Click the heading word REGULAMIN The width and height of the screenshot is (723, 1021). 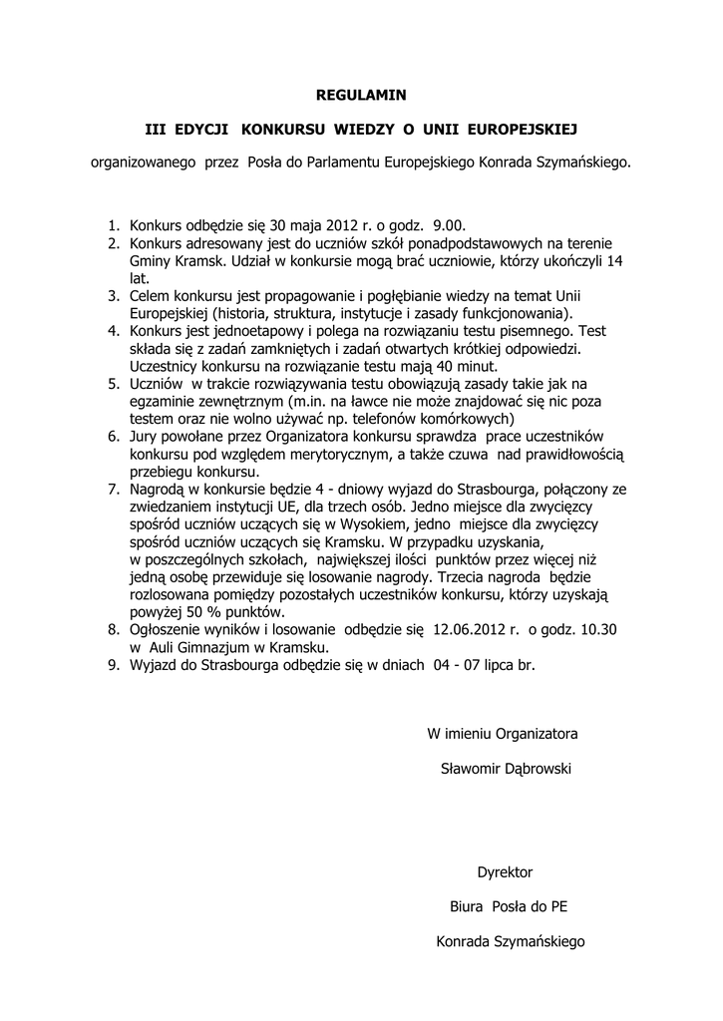[361, 95]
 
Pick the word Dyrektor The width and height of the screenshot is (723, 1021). [506, 871]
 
